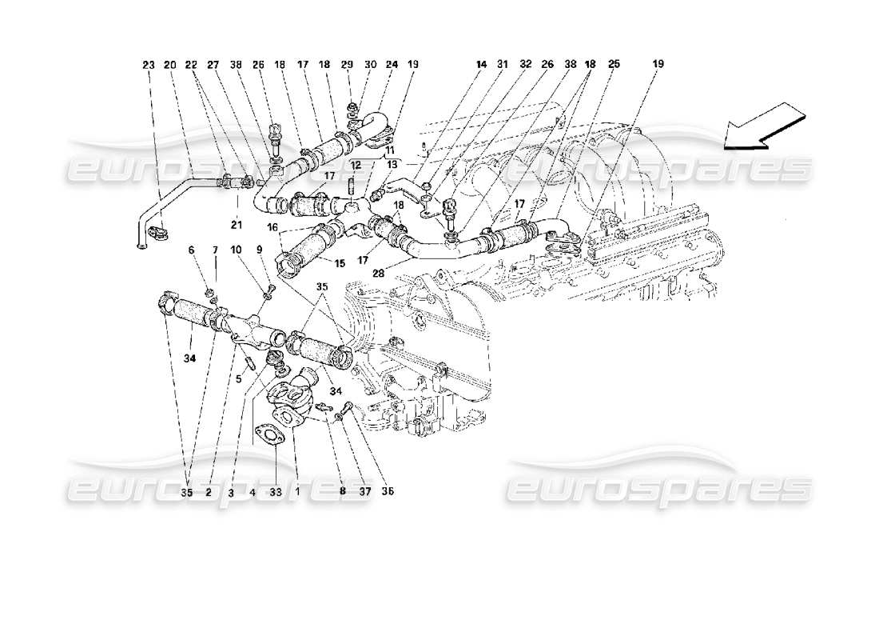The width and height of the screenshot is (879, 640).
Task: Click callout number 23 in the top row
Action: click(149, 64)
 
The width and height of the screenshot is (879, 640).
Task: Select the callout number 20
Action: click(169, 64)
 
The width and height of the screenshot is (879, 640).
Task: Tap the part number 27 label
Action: click(213, 64)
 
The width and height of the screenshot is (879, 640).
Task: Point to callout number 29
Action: click(346, 64)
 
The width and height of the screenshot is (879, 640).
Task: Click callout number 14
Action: click(482, 64)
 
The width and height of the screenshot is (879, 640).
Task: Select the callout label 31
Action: click(503, 64)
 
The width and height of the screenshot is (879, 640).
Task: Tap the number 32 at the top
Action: click(525, 64)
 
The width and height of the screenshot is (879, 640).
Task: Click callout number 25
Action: click(615, 64)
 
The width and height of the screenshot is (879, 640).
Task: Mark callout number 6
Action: click(192, 250)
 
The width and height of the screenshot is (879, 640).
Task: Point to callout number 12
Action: click(357, 165)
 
